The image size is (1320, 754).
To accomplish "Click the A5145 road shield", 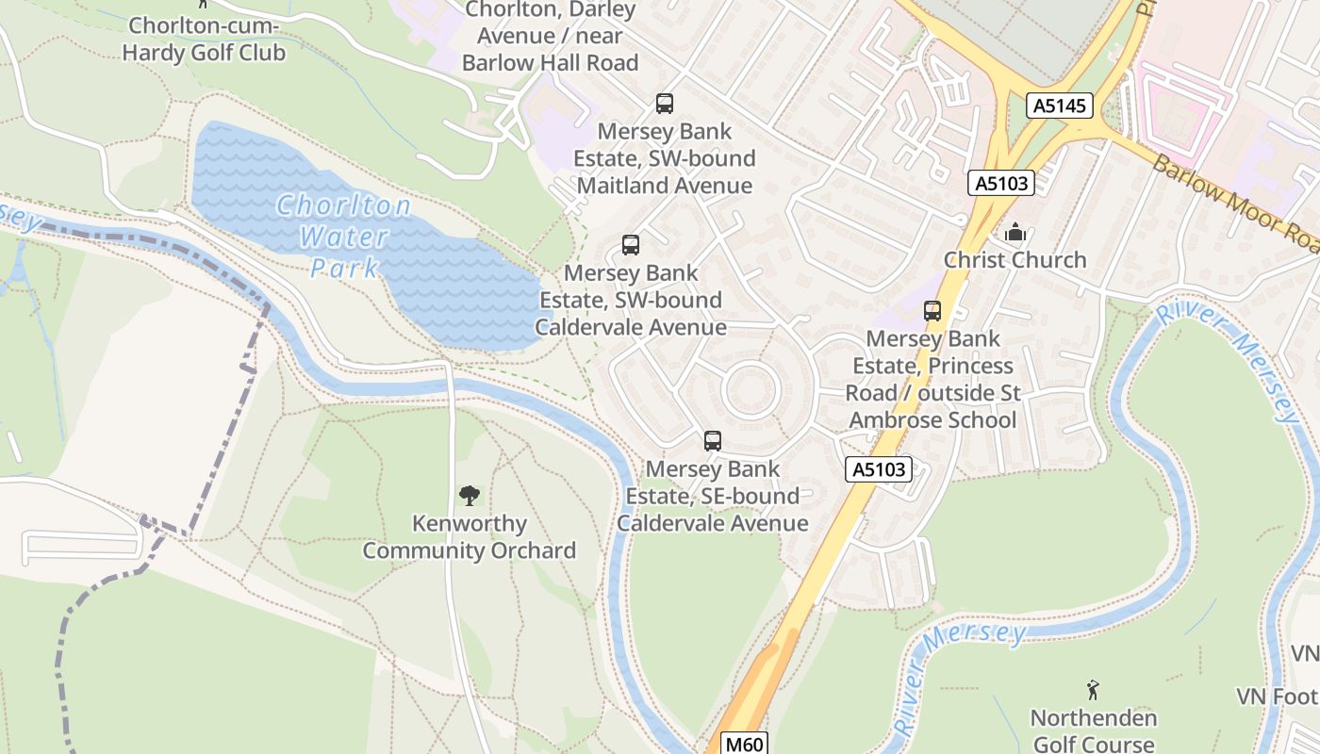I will [1060, 106].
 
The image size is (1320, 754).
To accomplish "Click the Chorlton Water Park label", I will [344, 237].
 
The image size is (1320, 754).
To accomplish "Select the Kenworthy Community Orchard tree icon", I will [469, 495].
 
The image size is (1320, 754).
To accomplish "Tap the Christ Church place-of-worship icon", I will [1015, 232].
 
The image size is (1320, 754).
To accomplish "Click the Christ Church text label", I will [1015, 260].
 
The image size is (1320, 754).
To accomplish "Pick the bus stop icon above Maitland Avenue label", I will [665, 104].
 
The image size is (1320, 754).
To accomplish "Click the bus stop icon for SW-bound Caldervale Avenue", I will [631, 246].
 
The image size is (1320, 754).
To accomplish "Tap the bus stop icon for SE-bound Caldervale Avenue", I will [713, 440].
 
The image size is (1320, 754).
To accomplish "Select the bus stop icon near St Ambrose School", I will [932, 310].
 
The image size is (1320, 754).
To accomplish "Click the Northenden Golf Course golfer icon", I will [1093, 690].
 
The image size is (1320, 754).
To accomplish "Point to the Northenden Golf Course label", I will [1093, 731].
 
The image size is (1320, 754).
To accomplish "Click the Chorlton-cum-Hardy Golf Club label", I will [204, 40].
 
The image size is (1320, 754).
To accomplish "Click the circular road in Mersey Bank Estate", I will [751, 390].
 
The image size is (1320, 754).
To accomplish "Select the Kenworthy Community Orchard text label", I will [469, 537].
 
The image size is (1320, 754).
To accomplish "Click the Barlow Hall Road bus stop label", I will [551, 37].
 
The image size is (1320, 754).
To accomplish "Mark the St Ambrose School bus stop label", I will [932, 379].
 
